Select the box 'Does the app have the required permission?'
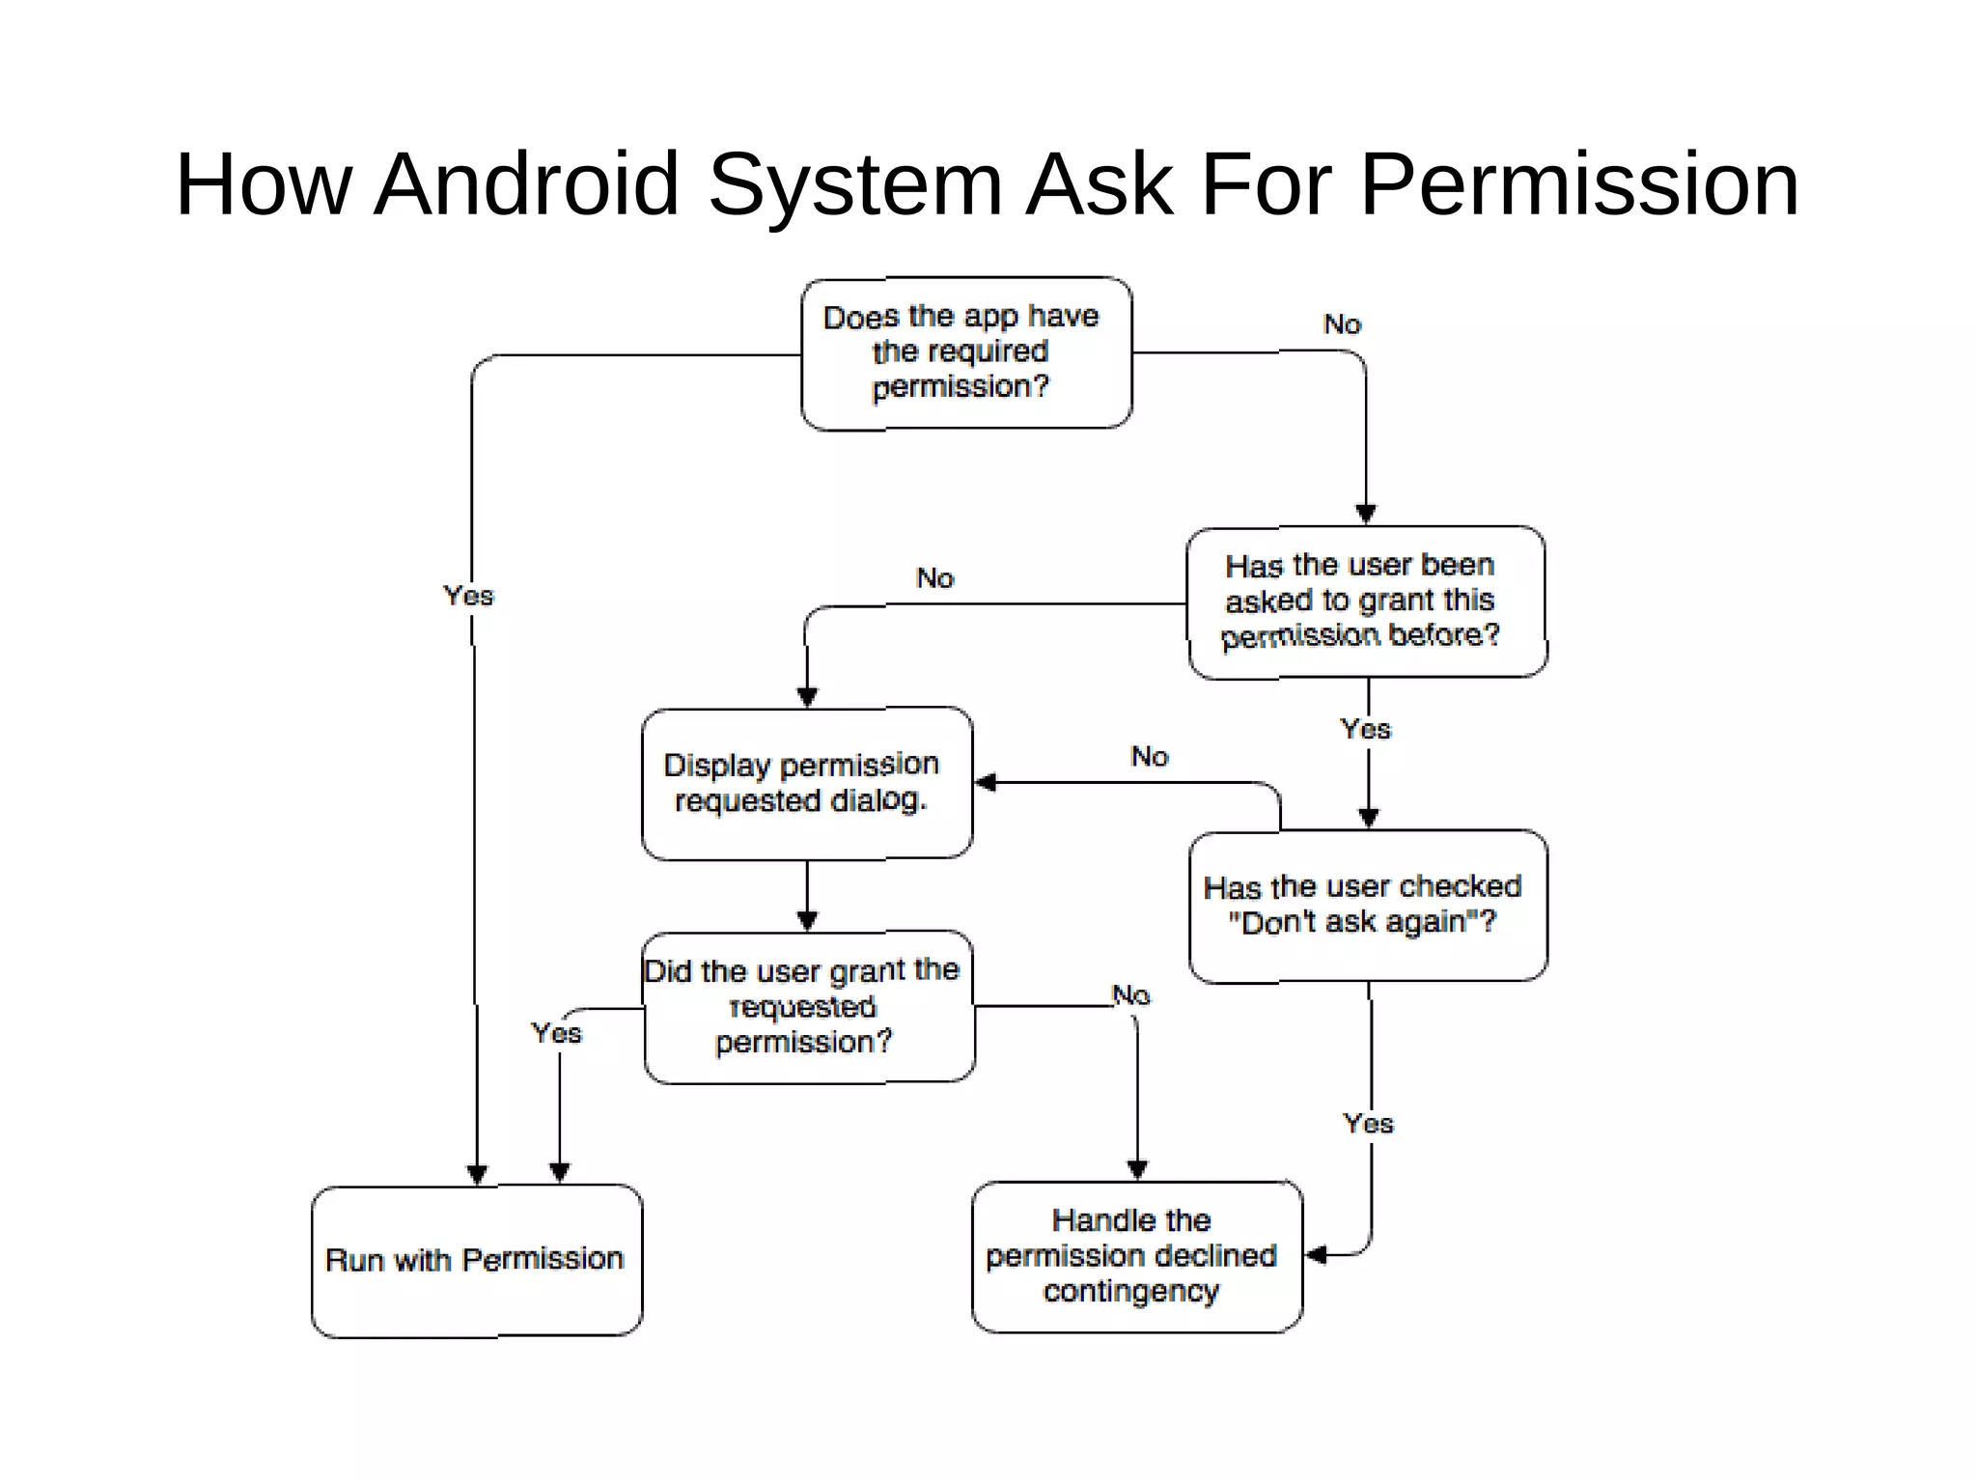[965, 352]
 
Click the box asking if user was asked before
[1365, 601]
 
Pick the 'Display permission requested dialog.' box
[806, 783]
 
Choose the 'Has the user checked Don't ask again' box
[1367, 905]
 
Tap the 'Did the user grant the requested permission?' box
[808, 1007]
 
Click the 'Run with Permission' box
[476, 1260]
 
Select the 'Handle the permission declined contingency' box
[1136, 1256]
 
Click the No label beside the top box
[1342, 324]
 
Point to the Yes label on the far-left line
[468, 596]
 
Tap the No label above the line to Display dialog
[934, 578]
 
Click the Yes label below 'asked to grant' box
[1366, 729]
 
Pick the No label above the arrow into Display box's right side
[1150, 756]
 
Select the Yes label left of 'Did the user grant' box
[557, 1033]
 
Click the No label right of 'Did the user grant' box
[1131, 994]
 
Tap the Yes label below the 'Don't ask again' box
[1368, 1124]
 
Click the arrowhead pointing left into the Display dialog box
[986, 782]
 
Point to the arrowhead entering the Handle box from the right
[1316, 1255]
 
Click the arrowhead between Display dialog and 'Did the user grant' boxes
[808, 920]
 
